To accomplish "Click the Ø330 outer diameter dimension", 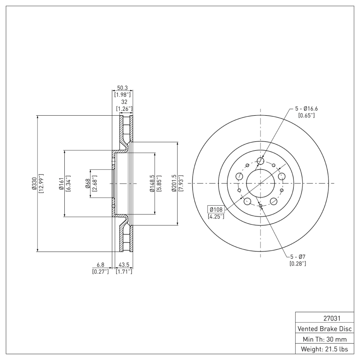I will [34, 184].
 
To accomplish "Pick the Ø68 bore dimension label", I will [87, 184].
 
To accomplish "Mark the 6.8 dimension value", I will [100, 265].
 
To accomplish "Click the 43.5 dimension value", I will [124, 265].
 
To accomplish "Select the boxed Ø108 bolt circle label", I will [215, 209].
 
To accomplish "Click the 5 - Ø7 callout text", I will [297, 256].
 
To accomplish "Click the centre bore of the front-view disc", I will [261, 184].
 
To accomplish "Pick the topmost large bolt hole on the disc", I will [261, 161].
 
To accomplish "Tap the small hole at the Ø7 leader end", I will [261, 205].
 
